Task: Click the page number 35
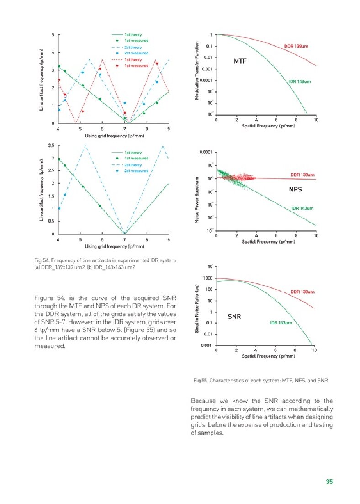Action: click(x=329, y=481)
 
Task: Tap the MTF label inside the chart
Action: click(x=240, y=61)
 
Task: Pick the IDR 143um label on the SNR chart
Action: click(x=281, y=323)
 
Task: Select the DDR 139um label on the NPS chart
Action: click(x=302, y=175)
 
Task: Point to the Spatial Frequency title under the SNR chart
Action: click(x=265, y=356)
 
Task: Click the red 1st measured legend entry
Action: click(x=133, y=66)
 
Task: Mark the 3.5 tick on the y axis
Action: click(x=51, y=146)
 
